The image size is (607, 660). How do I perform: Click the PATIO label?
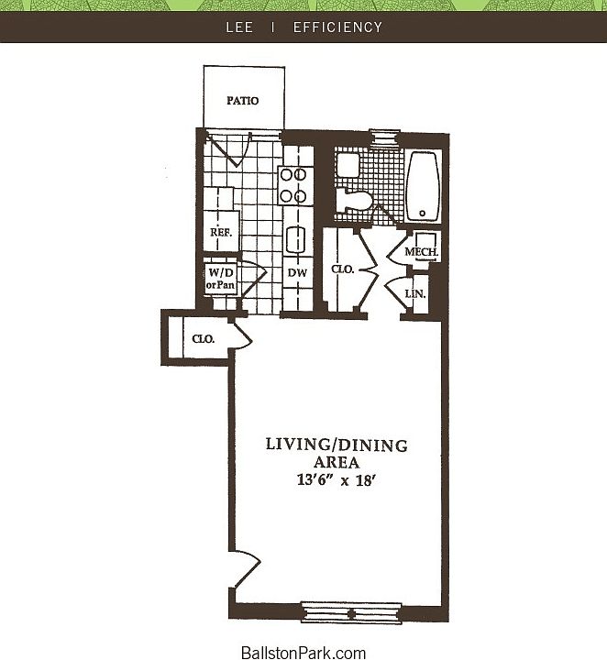coord(243,101)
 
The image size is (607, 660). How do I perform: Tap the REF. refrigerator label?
coord(220,233)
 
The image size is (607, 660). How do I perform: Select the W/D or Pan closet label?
coord(221,279)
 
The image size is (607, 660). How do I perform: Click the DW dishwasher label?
coord(296,273)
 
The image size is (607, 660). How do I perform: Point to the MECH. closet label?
coord(423,252)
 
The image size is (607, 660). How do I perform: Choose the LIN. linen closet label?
coord(414,293)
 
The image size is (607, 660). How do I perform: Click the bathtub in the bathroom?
coord(423,186)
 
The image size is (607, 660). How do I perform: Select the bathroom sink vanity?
coord(348,165)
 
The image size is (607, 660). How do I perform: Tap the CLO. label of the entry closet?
coord(203,339)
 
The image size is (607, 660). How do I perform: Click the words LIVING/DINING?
coord(336,445)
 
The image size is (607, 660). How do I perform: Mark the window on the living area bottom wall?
coord(351,611)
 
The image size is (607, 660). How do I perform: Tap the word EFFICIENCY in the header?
coord(337,27)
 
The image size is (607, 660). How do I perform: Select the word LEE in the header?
coord(239,27)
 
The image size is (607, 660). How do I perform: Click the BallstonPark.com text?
coord(303,653)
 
